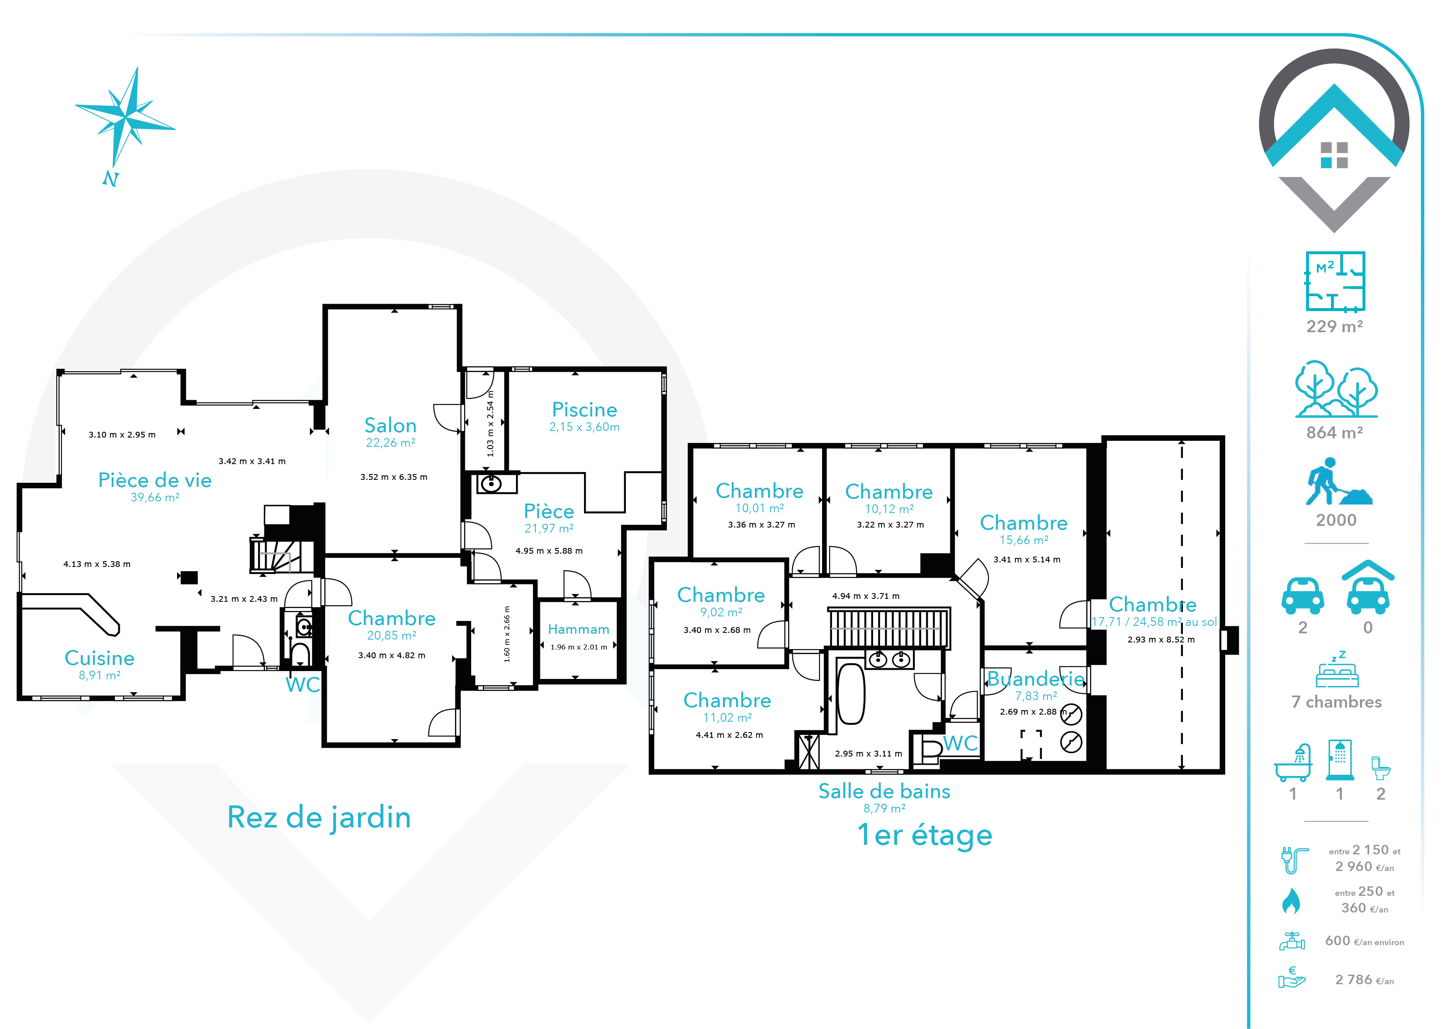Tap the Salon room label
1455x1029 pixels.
click(x=390, y=425)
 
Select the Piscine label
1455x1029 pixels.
click(x=584, y=410)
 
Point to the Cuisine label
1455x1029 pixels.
click(x=100, y=658)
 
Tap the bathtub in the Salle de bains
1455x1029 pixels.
click(x=851, y=694)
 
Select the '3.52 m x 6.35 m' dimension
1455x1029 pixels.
click(x=394, y=477)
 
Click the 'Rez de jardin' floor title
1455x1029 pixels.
click(x=319, y=817)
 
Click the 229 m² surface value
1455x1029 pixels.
click(x=1335, y=326)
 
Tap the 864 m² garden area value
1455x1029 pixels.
click(x=1335, y=433)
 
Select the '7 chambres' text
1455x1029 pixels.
click(x=1336, y=702)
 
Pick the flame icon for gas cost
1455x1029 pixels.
click(x=1291, y=900)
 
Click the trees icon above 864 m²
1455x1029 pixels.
click(x=1336, y=389)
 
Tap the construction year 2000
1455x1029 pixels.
click(x=1336, y=520)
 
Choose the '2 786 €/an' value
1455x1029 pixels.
click(x=1365, y=980)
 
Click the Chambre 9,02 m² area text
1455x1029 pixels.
click(x=721, y=612)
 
